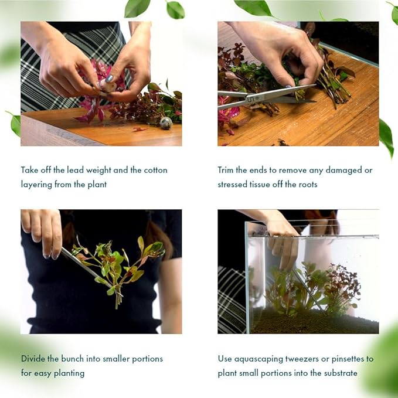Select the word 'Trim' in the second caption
(227, 170)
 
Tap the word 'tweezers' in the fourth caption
(300, 358)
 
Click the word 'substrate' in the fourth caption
(338, 373)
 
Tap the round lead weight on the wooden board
(166, 123)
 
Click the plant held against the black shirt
(117, 267)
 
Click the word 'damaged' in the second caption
(343, 170)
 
